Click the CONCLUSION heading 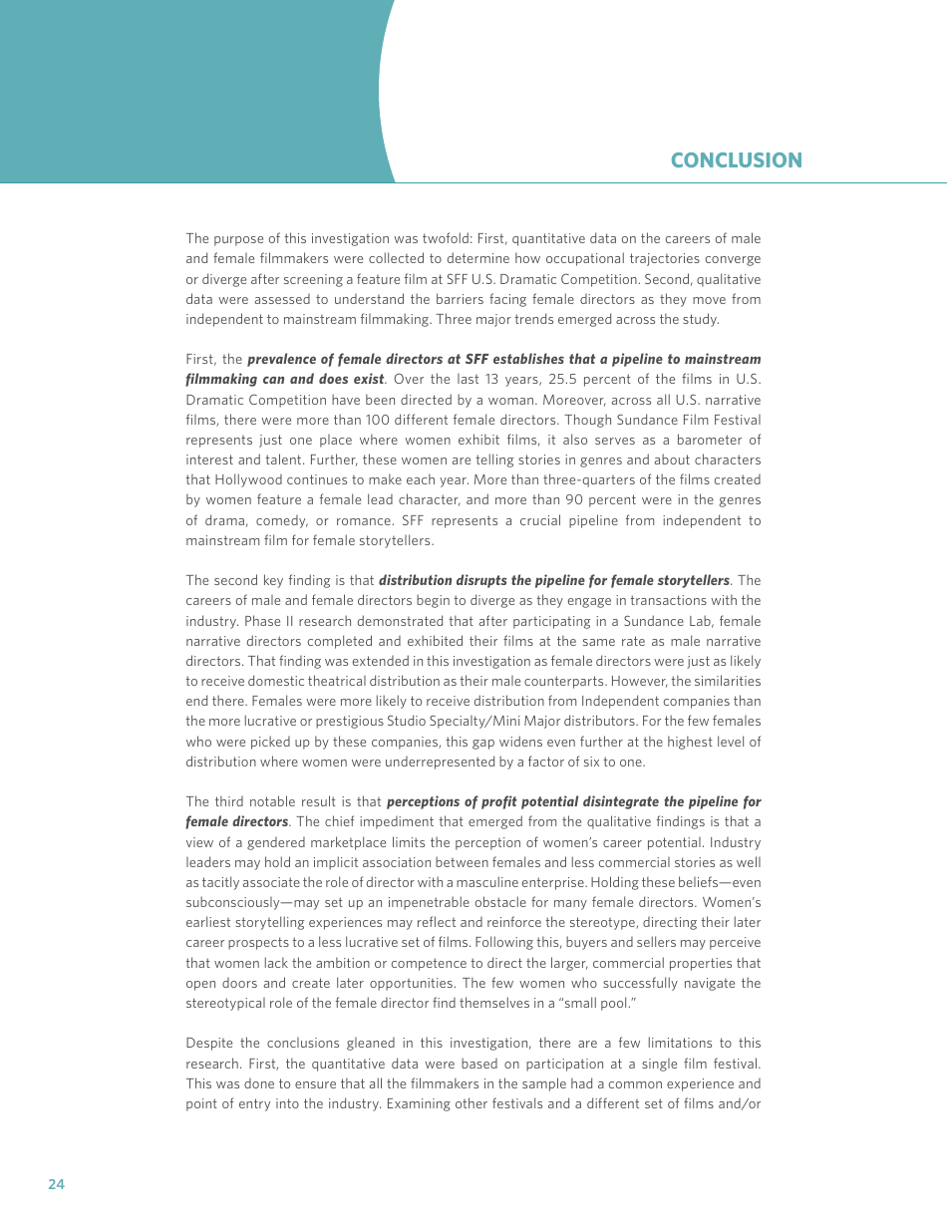(736, 160)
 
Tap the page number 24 (56, 1184)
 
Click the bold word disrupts (483, 580)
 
